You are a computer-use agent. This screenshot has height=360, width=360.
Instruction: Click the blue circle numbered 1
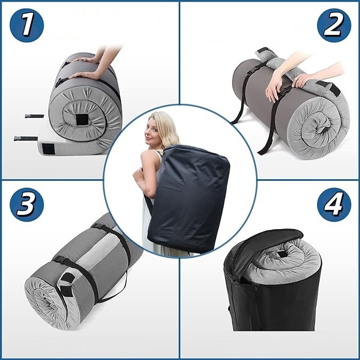tap(27, 25)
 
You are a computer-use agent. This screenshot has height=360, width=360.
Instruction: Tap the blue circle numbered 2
tap(334, 25)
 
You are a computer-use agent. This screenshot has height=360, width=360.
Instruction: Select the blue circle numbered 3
tap(27, 205)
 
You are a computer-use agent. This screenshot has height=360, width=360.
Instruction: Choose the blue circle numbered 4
tap(334, 205)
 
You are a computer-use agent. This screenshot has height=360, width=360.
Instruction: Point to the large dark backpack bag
tap(189, 197)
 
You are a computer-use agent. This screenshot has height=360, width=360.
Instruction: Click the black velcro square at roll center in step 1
tap(82, 120)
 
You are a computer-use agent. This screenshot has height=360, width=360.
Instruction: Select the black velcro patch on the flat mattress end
tap(48, 149)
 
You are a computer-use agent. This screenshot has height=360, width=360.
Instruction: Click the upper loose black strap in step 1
tap(34, 116)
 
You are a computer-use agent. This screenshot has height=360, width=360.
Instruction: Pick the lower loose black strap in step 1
tap(25, 138)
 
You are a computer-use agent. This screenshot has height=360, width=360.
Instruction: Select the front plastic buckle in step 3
tap(60, 259)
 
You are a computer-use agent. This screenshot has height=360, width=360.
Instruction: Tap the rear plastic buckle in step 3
tap(98, 226)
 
